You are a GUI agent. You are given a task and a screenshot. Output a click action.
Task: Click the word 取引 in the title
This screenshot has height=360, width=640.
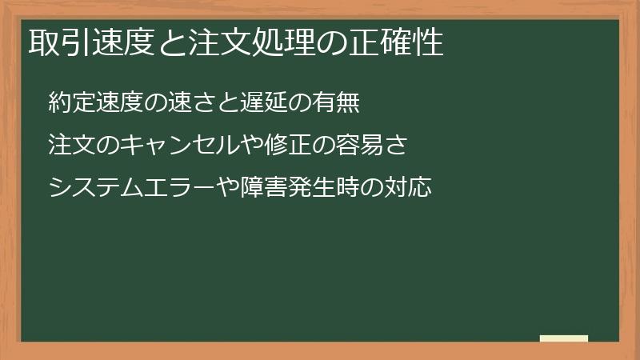55,42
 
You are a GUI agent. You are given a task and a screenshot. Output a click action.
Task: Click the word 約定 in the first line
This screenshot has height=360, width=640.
68,104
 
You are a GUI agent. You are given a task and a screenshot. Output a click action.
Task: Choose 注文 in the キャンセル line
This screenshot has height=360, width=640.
68,146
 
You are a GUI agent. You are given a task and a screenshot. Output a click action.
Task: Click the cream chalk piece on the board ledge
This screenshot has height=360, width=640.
564,338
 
